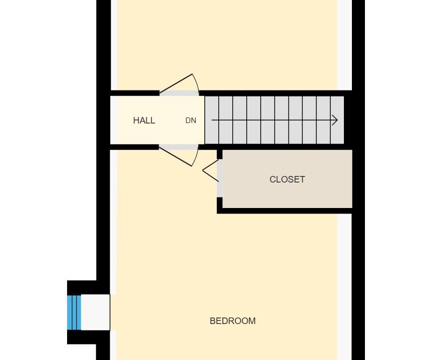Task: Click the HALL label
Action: pyautogui.click(x=144, y=120)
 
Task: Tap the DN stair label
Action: pyautogui.click(x=191, y=120)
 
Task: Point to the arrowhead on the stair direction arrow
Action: pyautogui.click(x=335, y=120)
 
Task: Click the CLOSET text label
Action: pyautogui.click(x=287, y=179)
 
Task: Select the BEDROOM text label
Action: pyautogui.click(x=233, y=321)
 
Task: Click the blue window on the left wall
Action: pyautogui.click(x=74, y=312)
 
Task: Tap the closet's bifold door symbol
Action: pyautogui.click(x=210, y=170)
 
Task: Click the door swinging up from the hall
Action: pyautogui.click(x=179, y=84)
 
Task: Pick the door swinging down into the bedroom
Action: pyautogui.click(x=179, y=156)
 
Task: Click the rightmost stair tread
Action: pyautogui.click(x=337, y=120)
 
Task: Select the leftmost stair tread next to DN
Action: pyautogui.click(x=212, y=120)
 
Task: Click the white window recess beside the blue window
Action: pyautogui.click(x=96, y=312)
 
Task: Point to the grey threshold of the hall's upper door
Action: pyautogui.click(x=179, y=93)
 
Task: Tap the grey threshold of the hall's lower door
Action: pyautogui.click(x=179, y=147)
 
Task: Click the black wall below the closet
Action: pyautogui.click(x=284, y=211)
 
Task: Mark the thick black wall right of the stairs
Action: pyautogui.click(x=348, y=120)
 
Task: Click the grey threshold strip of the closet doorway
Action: pyautogui.click(x=220, y=178)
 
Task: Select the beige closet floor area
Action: pyautogui.click(x=287, y=179)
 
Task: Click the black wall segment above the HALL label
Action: pyautogui.click(x=135, y=93)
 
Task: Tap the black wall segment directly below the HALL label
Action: pyautogui.click(x=135, y=147)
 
